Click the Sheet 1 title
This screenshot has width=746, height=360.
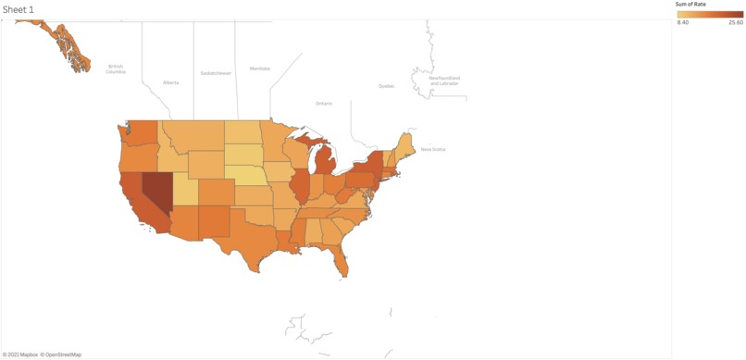coord(19,9)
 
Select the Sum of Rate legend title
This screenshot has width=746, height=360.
coord(690,5)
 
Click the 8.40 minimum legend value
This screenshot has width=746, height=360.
coord(683,22)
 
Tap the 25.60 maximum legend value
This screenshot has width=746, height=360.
coord(735,22)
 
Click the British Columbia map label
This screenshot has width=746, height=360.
coord(116,68)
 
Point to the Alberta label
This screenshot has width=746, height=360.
coord(171,82)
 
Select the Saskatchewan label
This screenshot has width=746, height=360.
coord(216,73)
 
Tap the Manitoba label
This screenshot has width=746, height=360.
coord(260,68)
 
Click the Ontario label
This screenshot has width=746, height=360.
coord(323,104)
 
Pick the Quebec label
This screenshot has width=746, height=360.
coord(386,86)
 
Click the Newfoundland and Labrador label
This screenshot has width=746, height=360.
coord(444,81)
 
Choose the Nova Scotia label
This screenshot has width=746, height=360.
coord(433,149)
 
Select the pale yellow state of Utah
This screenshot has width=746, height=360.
coord(184,191)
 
